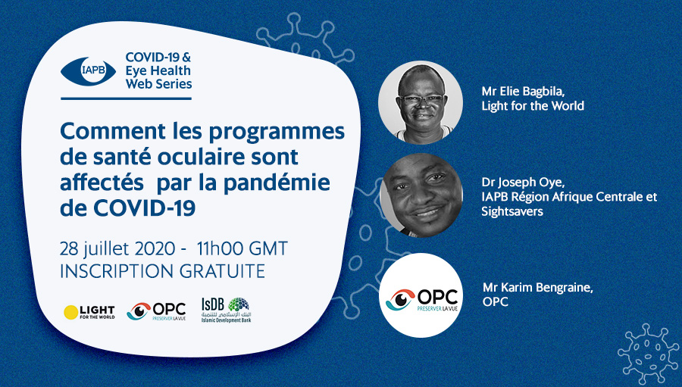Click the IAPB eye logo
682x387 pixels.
click(x=89, y=70)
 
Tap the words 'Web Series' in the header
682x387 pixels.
click(x=159, y=84)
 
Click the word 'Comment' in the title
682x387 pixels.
click(x=113, y=131)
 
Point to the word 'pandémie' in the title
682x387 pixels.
click(x=277, y=183)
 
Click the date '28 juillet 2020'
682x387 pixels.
click(x=117, y=249)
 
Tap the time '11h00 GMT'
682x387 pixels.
click(x=242, y=248)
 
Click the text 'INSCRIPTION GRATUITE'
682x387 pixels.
click(x=163, y=271)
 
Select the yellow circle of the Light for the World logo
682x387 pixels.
click(x=71, y=312)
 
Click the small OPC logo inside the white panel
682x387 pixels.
click(x=157, y=311)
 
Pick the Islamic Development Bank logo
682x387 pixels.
click(x=226, y=310)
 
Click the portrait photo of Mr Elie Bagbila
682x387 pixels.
click(x=421, y=102)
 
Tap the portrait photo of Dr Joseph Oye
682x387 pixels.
click(x=421, y=195)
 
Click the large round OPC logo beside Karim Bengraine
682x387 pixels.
click(x=421, y=295)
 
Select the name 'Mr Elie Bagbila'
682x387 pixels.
click(x=523, y=92)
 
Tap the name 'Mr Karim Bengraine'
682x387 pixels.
click(x=538, y=288)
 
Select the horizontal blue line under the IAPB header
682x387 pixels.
click(x=126, y=98)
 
